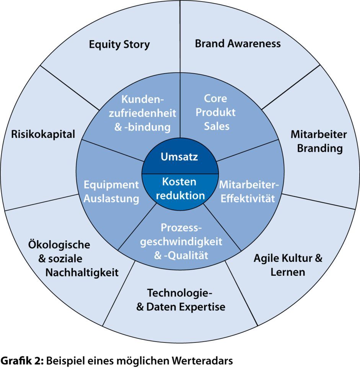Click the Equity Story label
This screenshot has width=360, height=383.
point(119,45)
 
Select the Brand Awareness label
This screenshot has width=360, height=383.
point(238,44)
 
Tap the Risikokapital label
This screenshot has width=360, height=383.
point(43,134)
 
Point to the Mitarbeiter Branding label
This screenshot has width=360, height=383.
point(319,141)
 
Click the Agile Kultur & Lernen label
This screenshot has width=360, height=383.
point(288,265)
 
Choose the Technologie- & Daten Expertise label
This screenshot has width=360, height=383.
point(181,300)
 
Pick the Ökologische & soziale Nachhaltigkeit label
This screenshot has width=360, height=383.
point(73,259)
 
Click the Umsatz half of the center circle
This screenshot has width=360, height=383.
point(179,157)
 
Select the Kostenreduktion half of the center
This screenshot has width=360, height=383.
point(180,188)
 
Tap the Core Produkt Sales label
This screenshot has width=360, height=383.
point(215,112)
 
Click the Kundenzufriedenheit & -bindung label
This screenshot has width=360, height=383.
point(143,113)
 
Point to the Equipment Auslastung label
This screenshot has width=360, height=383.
point(111,191)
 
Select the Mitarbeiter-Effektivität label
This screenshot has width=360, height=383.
point(249,191)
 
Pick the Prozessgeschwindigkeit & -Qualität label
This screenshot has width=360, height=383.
point(181,242)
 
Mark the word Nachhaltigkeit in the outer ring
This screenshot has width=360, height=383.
point(82,273)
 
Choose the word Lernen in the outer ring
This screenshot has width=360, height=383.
point(288,272)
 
